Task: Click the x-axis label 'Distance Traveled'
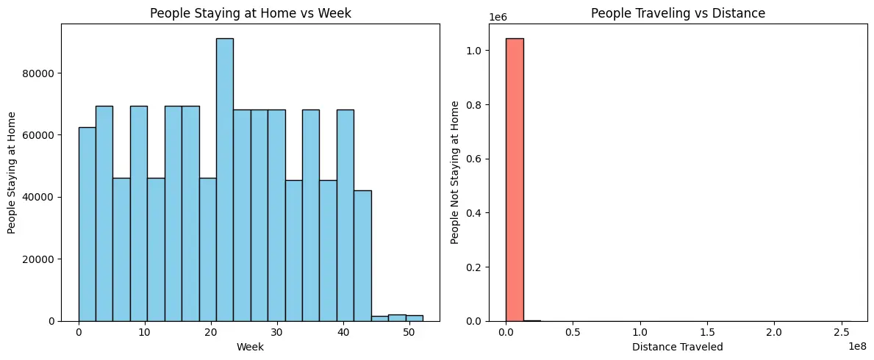coord(677,347)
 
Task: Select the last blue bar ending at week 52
coord(414,318)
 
